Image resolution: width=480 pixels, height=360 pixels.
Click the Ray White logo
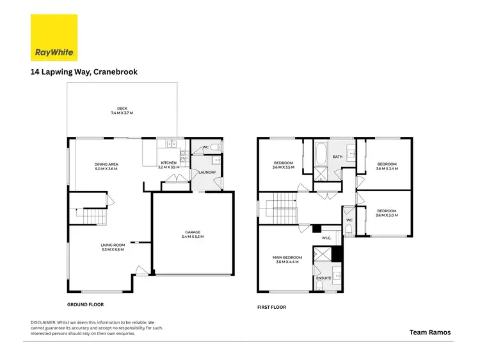coord(54,38)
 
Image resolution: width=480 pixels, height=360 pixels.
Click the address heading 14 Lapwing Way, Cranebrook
coord(84,72)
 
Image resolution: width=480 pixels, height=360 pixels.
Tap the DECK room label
coord(122,111)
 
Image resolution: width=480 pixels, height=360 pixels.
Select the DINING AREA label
coord(106,166)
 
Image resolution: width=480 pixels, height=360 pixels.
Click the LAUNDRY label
coord(207,172)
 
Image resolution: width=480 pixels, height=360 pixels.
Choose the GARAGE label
coord(193,234)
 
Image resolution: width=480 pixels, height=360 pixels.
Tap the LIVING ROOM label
coord(111,247)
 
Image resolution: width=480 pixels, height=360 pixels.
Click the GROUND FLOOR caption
coord(85,305)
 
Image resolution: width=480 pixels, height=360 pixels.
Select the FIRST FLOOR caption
coord(272,308)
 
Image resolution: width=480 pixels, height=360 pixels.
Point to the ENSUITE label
coord(324,279)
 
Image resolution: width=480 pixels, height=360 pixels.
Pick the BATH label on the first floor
coord(337,157)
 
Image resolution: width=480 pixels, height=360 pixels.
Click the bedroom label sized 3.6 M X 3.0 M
coord(387,214)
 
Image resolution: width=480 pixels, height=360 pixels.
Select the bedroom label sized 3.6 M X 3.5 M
coord(283,165)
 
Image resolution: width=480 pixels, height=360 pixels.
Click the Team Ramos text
coord(430,332)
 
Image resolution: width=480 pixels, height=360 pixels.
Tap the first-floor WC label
coord(349,221)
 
